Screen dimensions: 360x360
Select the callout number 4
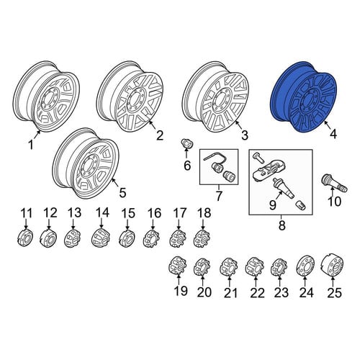click(x=333, y=134)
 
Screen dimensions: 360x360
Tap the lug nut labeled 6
click(x=185, y=144)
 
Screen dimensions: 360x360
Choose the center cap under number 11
click(x=25, y=238)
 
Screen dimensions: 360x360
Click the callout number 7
click(x=219, y=196)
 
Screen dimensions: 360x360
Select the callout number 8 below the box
click(x=282, y=225)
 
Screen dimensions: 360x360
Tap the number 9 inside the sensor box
click(x=273, y=205)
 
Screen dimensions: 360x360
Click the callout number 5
click(x=122, y=192)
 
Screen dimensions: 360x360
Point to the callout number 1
click(x=31, y=145)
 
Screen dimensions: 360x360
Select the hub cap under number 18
click(x=202, y=238)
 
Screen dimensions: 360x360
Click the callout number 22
click(x=257, y=293)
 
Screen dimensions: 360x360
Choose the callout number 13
click(x=75, y=213)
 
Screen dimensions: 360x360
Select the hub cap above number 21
click(x=228, y=266)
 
